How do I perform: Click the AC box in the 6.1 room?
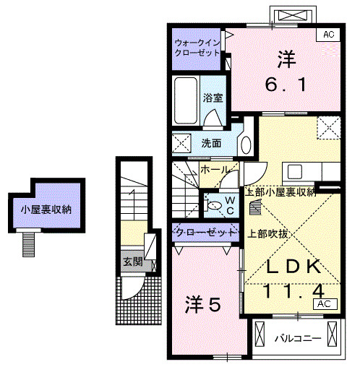point(327,33)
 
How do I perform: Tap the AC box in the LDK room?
point(322,304)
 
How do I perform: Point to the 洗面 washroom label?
point(211,142)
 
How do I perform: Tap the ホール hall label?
point(215,170)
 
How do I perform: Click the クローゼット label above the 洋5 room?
point(205,233)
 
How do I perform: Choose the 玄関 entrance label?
point(132,262)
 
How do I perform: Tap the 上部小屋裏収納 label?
point(280,192)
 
